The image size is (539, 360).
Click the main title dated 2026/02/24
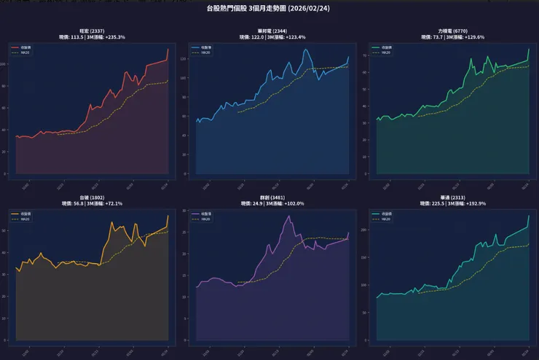[x=269, y=9]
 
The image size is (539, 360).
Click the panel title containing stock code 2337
[x=91, y=31]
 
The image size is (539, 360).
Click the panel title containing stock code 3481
[x=271, y=197]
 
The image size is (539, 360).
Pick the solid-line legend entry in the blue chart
[x=201, y=47]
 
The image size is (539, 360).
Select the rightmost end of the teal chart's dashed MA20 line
[x=528, y=244]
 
